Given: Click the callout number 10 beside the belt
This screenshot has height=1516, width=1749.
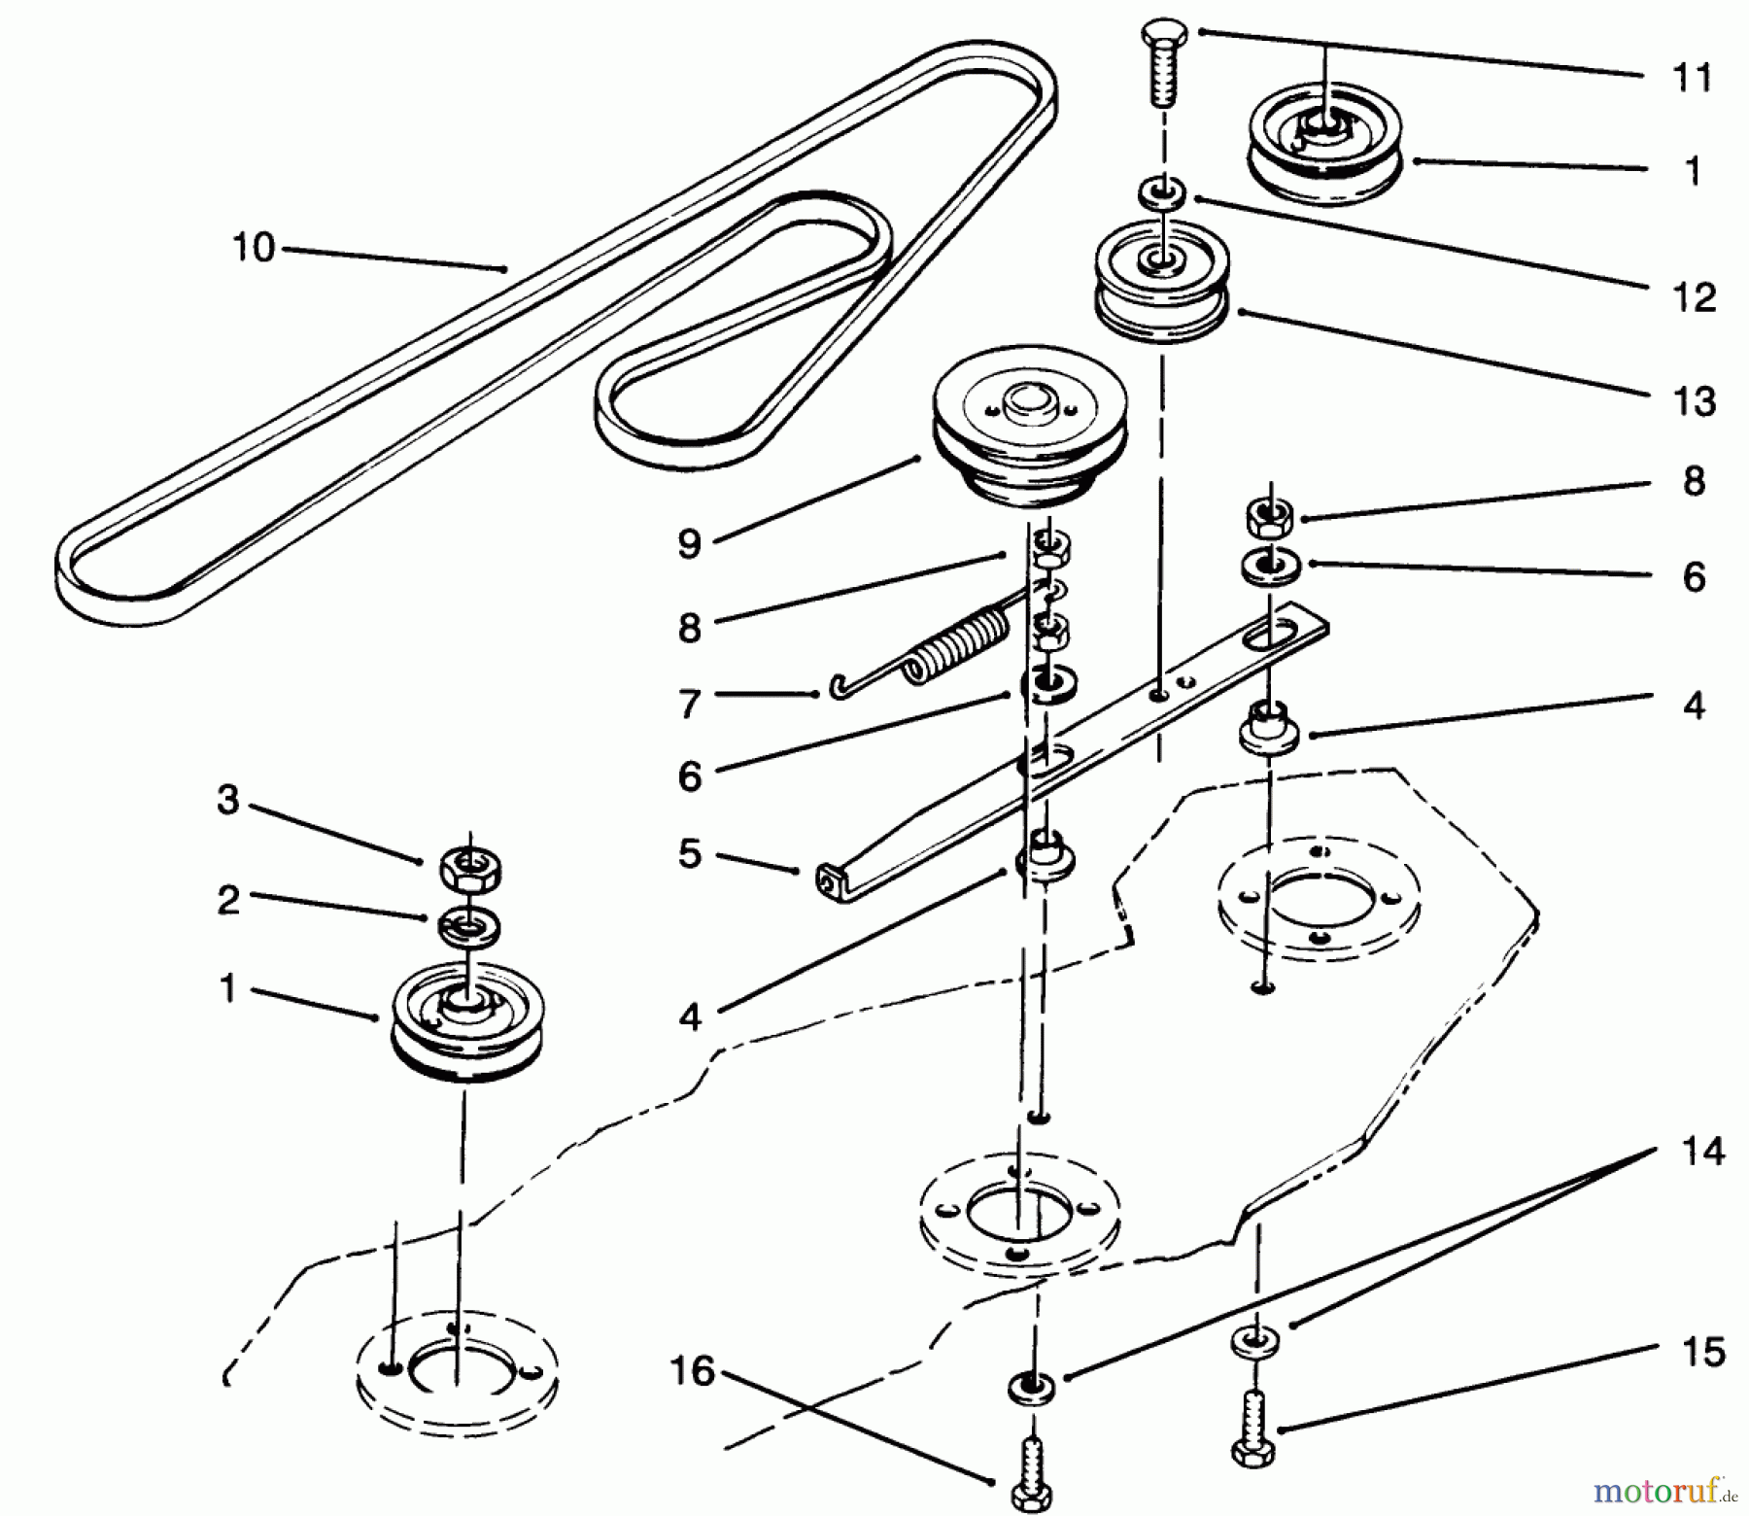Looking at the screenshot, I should coord(254,248).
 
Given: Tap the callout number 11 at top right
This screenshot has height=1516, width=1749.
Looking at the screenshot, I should coord(1693,78).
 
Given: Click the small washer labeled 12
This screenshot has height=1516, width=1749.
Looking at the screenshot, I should coord(1162,191).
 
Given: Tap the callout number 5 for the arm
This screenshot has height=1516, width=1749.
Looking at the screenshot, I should coord(689,855).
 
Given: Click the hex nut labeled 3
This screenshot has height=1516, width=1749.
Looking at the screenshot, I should coord(470,866).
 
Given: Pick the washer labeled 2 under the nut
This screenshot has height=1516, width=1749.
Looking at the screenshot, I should coord(470,926).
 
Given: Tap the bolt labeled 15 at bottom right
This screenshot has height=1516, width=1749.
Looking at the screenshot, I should coord(1253,1429).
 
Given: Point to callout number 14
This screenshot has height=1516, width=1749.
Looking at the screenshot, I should coord(1702,1152).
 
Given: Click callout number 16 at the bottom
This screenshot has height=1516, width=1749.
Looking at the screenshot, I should coord(691,1371).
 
